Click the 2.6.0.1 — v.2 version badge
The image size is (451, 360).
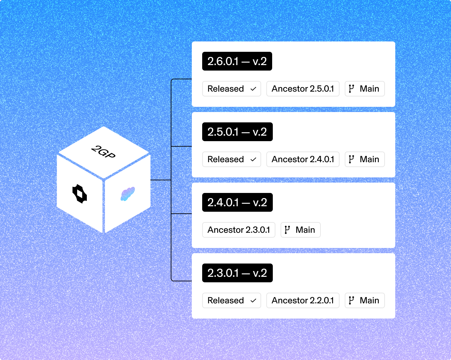pyautogui.click(x=237, y=61)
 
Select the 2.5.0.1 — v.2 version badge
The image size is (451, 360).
pyautogui.click(x=237, y=132)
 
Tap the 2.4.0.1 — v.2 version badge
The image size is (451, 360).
pyautogui.click(x=237, y=202)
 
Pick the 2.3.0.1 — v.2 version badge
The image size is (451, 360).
pyautogui.click(x=237, y=273)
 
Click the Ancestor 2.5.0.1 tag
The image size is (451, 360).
pyautogui.click(x=303, y=89)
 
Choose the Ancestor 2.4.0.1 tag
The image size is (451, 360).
pyautogui.click(x=303, y=159)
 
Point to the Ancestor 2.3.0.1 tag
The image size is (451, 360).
pyautogui.click(x=238, y=230)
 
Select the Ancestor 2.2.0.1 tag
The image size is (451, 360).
pyautogui.click(x=303, y=300)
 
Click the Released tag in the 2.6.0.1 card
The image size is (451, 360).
pyautogui.click(x=231, y=89)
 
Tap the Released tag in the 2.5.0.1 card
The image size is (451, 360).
pyautogui.click(x=231, y=159)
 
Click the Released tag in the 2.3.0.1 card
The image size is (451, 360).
pyautogui.click(x=231, y=300)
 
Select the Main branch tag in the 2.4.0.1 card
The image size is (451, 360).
pyautogui.click(x=300, y=230)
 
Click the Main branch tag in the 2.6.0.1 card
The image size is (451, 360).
pyautogui.click(x=364, y=89)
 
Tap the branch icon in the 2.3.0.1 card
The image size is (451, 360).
pyautogui.click(x=351, y=300)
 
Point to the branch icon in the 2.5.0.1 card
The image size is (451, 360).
pyautogui.click(x=351, y=159)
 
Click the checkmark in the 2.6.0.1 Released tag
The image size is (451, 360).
pyautogui.click(x=253, y=89)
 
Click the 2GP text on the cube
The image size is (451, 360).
pyautogui.click(x=103, y=152)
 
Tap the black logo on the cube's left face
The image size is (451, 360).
pyautogui.click(x=80, y=194)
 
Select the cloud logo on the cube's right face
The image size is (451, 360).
pyautogui.click(x=127, y=194)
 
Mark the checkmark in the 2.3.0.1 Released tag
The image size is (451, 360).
pyautogui.click(x=253, y=301)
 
